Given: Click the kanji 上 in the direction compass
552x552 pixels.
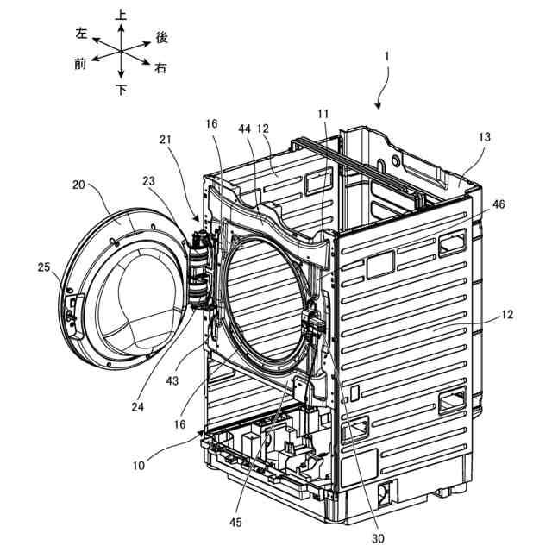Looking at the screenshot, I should [x=121, y=15].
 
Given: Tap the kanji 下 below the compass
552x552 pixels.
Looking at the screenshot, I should [x=121, y=89].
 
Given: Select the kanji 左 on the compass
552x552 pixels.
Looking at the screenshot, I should [x=81, y=33].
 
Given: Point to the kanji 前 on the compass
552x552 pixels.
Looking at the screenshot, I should [x=80, y=64].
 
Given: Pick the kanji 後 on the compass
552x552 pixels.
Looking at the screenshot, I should [x=161, y=37].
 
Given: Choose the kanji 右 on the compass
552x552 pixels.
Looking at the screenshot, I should [x=160, y=67].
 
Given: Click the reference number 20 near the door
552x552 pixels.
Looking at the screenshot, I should [x=80, y=186].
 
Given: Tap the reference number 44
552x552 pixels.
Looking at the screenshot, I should [x=246, y=128].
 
